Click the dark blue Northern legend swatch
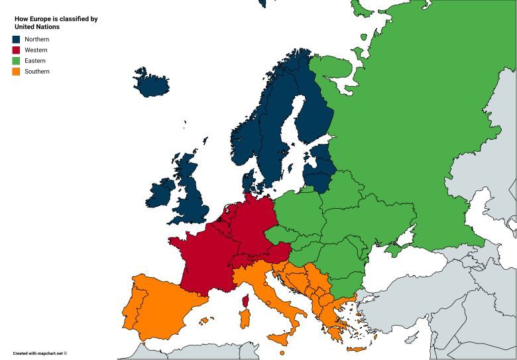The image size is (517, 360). (16, 39)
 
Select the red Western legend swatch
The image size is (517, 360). (16, 50)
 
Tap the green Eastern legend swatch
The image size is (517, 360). (16, 60)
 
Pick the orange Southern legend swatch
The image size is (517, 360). (16, 71)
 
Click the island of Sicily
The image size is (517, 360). (282, 339)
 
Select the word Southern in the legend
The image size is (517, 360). (36, 71)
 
